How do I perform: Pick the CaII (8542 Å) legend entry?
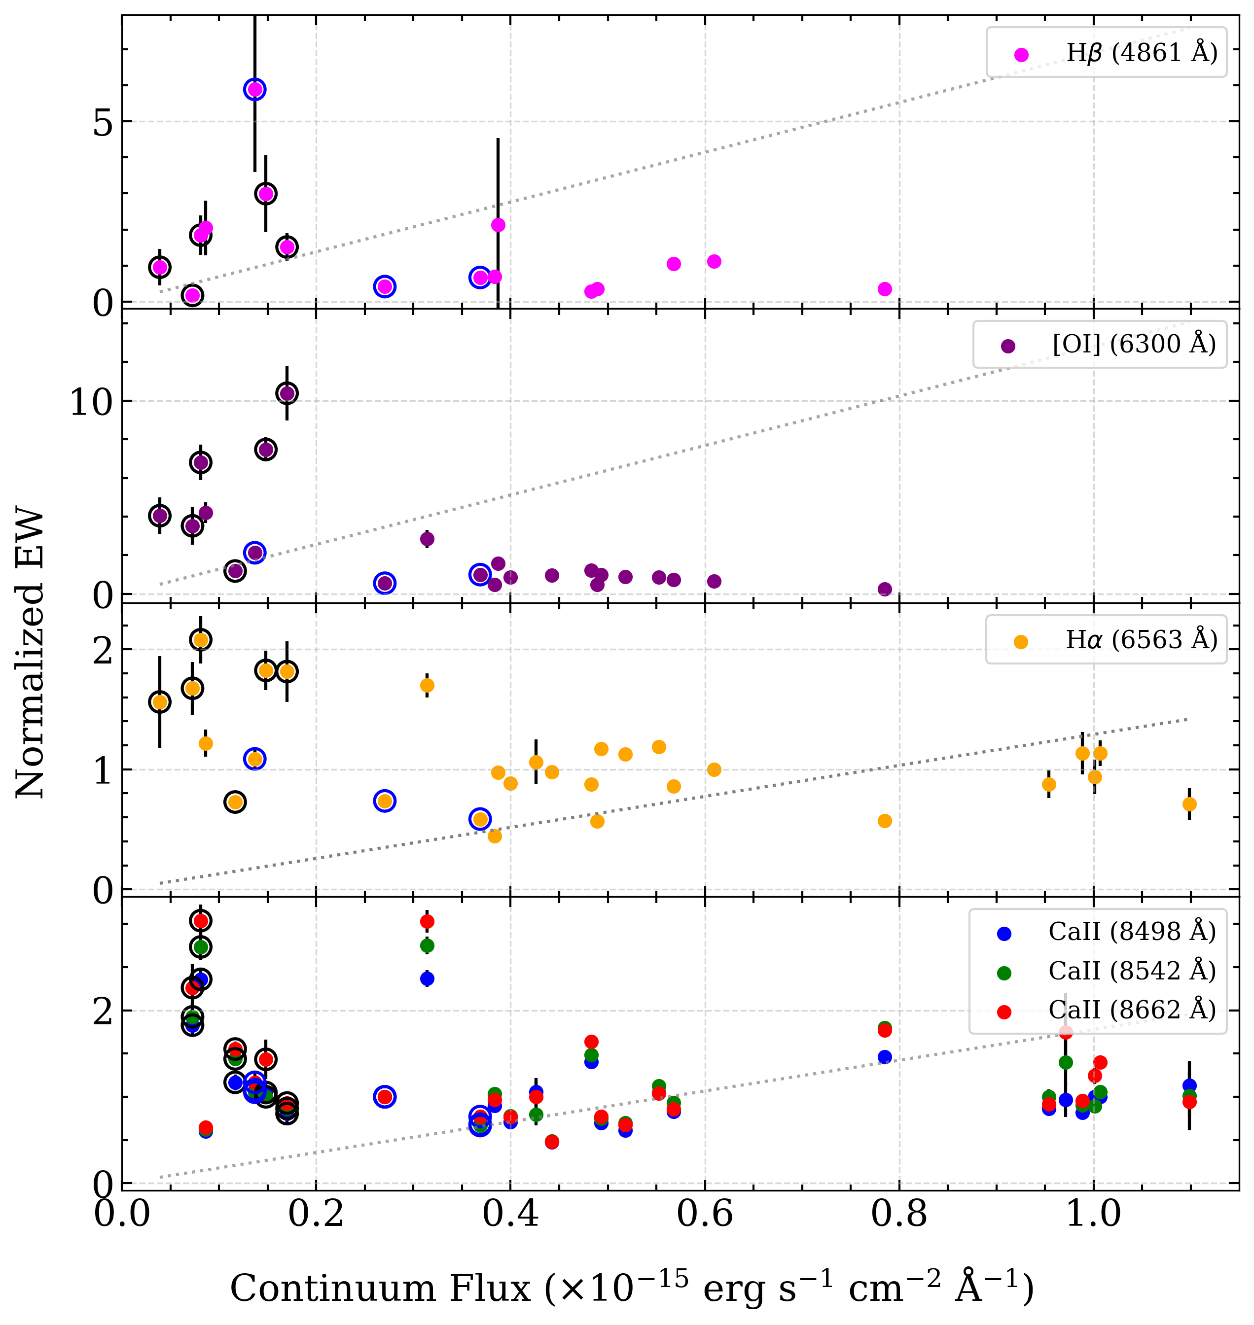[1131, 972]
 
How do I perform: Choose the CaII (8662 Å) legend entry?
[1131, 1011]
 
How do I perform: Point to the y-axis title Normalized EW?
[30, 655]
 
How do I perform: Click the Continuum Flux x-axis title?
[632, 1287]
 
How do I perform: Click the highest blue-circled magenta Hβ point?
[254, 89]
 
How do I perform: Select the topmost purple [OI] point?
[287, 393]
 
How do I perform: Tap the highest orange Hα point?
[201, 639]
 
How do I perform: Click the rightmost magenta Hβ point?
[884, 289]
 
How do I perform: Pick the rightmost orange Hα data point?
[1189, 804]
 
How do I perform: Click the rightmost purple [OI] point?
[884, 589]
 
